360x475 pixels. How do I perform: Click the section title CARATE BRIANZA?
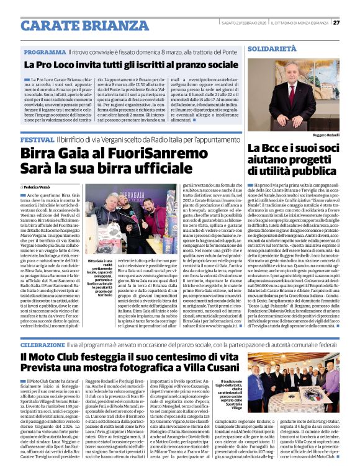click(x=75, y=25)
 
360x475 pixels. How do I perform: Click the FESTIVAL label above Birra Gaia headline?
click(x=37, y=141)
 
